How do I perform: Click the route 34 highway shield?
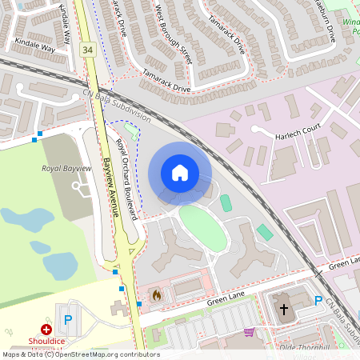pyautogui.click(x=86, y=50)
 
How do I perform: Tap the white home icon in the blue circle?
pyautogui.click(x=180, y=173)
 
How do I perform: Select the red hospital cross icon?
pyautogui.click(x=46, y=329)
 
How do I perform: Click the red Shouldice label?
pyautogui.click(x=46, y=340)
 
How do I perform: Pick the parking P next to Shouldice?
pyautogui.click(x=67, y=319)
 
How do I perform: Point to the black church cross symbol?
pyautogui.click(x=283, y=310)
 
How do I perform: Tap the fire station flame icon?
pyautogui.click(x=155, y=294)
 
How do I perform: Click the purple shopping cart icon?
pyautogui.click(x=249, y=331)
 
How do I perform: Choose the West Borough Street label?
pyautogui.click(x=174, y=33)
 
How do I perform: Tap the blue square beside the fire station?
pyautogui.click(x=139, y=304)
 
